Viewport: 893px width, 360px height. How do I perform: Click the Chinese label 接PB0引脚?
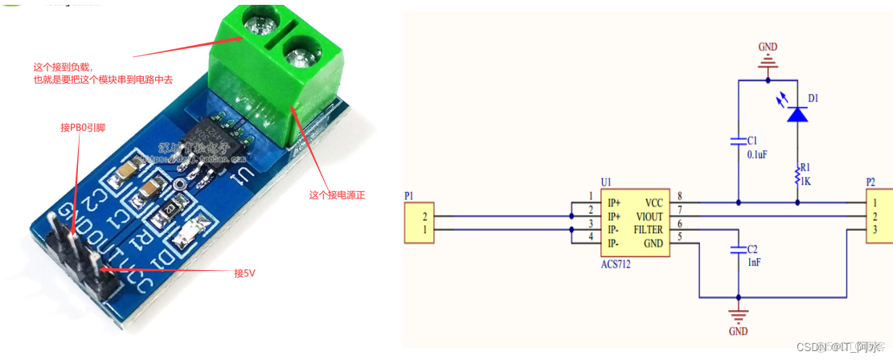click(x=83, y=127)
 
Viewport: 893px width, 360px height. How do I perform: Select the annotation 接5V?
click(x=244, y=272)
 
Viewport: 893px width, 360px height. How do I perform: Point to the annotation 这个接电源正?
click(x=337, y=194)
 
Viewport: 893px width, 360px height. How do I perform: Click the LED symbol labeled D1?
click(x=797, y=115)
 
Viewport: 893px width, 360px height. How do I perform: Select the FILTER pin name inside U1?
click(x=648, y=229)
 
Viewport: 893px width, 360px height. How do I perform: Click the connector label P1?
click(x=411, y=195)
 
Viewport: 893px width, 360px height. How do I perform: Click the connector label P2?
click(x=870, y=182)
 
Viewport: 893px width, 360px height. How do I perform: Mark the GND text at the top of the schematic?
click(x=768, y=47)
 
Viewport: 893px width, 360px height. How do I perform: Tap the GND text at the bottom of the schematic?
click(x=738, y=330)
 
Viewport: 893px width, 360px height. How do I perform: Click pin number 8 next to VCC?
click(x=679, y=196)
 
